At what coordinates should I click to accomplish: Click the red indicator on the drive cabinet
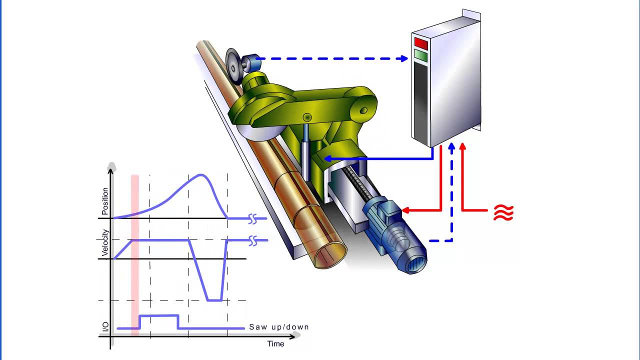pyautogui.click(x=421, y=43)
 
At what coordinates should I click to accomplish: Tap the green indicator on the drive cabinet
pyautogui.click(x=421, y=55)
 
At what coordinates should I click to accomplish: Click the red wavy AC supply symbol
pyautogui.click(x=503, y=213)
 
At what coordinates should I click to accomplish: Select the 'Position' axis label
pyautogui.click(x=105, y=201)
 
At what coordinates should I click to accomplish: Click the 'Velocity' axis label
pyautogui.click(x=105, y=242)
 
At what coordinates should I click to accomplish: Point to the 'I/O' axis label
pyautogui.click(x=105, y=327)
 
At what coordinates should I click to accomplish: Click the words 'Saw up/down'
pyautogui.click(x=279, y=327)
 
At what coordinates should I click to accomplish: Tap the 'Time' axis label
pyautogui.click(x=275, y=343)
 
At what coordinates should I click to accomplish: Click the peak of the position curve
pyautogui.click(x=201, y=174)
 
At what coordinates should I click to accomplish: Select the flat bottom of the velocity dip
pyautogui.click(x=215, y=300)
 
